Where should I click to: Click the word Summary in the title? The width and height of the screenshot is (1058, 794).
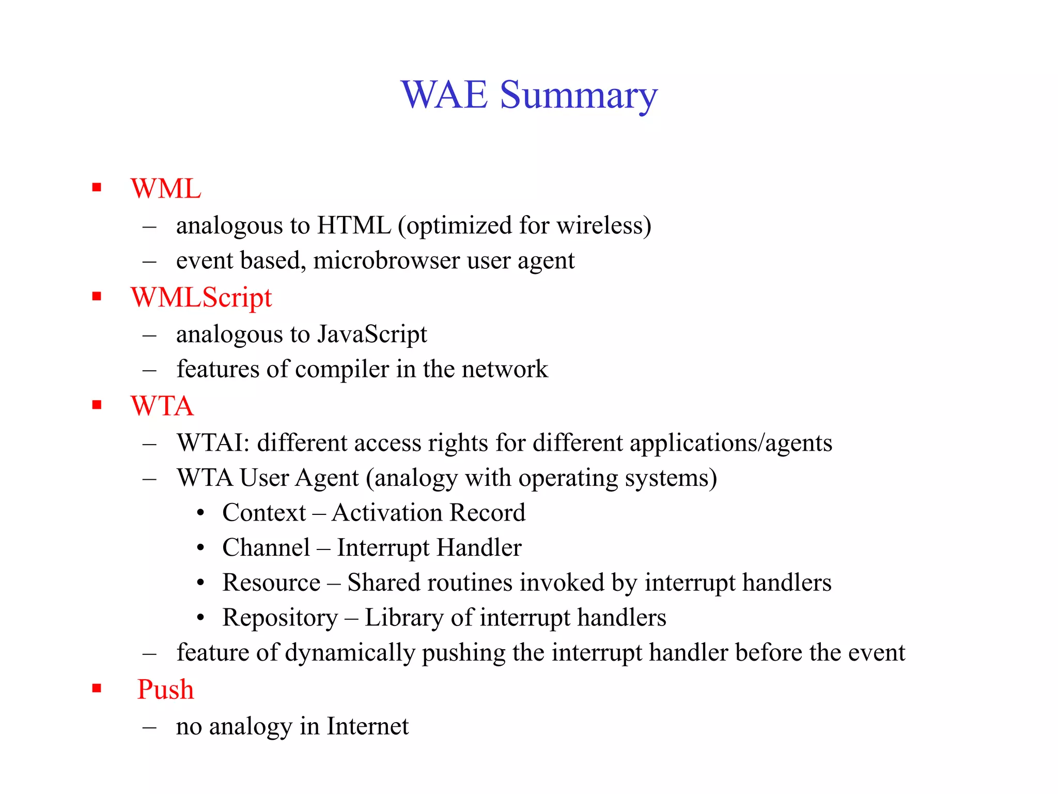pos(579,96)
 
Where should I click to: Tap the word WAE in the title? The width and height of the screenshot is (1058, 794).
pos(444,95)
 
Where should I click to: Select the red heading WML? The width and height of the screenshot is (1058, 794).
pos(166,189)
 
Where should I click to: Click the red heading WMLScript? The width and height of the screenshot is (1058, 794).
pos(201,298)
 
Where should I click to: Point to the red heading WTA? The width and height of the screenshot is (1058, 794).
pos(162,406)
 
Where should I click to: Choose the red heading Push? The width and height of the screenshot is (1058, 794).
pos(165,690)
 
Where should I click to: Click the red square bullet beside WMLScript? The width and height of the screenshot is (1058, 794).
pos(97,297)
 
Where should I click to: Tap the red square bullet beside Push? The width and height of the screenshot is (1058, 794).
pos(97,689)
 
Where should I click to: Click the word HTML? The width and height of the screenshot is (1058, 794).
pos(354,226)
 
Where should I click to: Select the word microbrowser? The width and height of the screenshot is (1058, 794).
pos(386,261)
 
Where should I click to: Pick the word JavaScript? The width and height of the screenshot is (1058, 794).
pos(372,334)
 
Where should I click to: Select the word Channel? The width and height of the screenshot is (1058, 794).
pos(266,548)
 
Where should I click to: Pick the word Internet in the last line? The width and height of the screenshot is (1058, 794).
pos(367,727)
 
